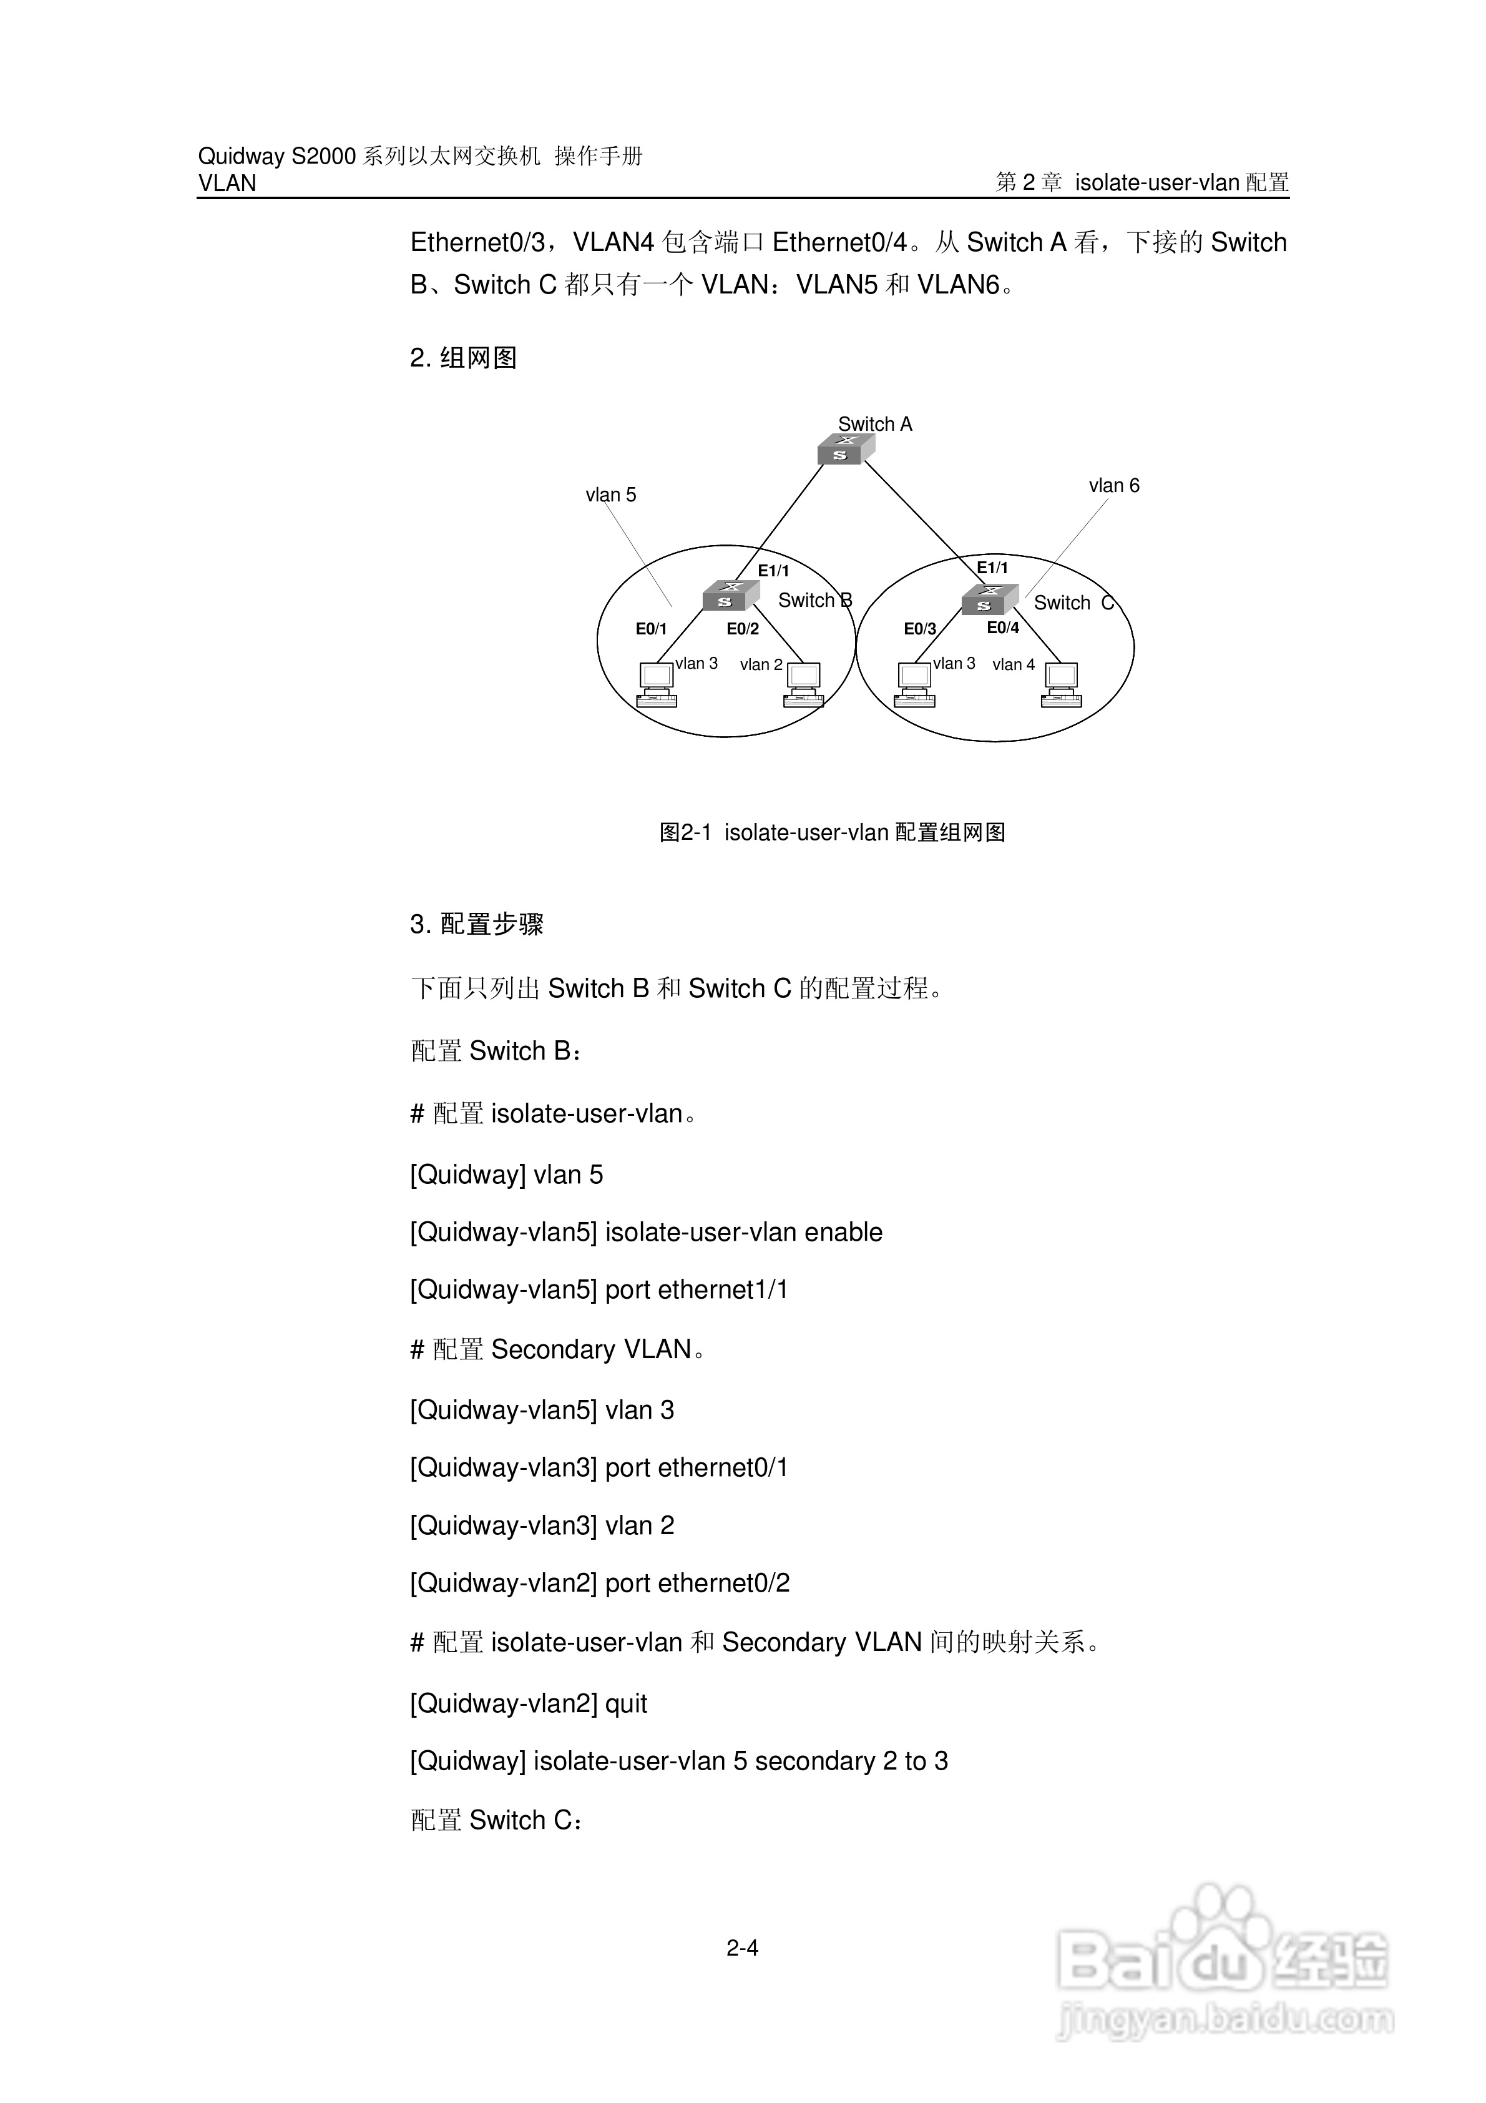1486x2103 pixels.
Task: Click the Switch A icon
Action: click(845, 449)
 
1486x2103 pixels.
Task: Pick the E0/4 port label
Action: click(1002, 628)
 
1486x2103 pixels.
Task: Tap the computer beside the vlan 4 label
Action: click(1061, 685)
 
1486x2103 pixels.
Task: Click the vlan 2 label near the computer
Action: click(761, 665)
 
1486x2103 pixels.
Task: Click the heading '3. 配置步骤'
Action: click(476, 924)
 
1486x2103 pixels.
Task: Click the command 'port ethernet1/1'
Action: click(696, 1289)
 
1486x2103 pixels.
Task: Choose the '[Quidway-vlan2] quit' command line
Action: click(528, 1703)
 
